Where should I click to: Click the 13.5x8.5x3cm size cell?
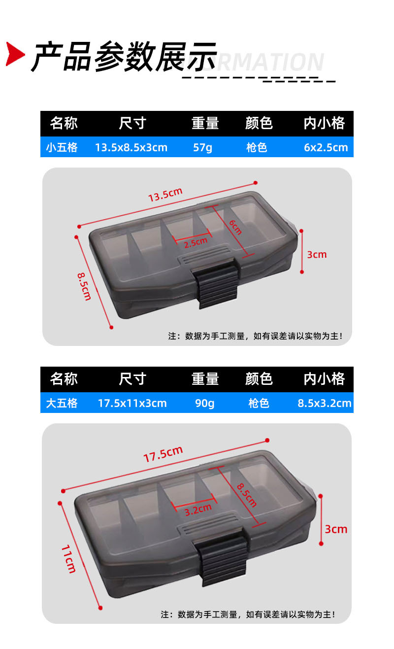pyautogui.click(x=131, y=147)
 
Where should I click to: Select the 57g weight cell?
pyautogui.click(x=202, y=147)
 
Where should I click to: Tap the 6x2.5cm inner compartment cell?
pyautogui.click(x=326, y=147)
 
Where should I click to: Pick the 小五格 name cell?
pyautogui.click(x=62, y=147)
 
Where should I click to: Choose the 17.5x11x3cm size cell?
pyautogui.click(x=132, y=403)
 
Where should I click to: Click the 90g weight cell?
pyautogui.click(x=205, y=403)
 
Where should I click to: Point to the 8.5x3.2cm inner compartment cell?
pyautogui.click(x=325, y=403)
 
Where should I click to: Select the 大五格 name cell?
pyautogui.click(x=62, y=403)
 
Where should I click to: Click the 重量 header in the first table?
pyautogui.click(x=205, y=123)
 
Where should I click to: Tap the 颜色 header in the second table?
pyautogui.click(x=259, y=378)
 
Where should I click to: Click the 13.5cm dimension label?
pyautogui.click(x=165, y=195)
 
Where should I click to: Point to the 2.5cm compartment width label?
pyautogui.click(x=196, y=242)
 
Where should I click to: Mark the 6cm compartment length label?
pyautogui.click(x=235, y=227)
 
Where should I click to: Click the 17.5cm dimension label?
pyautogui.click(x=164, y=454)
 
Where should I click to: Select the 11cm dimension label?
pyautogui.click(x=68, y=559)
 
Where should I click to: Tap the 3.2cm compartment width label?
pyautogui.click(x=198, y=510)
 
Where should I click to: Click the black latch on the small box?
pyautogui.click(x=216, y=282)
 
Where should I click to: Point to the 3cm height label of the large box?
pyautogui.click(x=336, y=529)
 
